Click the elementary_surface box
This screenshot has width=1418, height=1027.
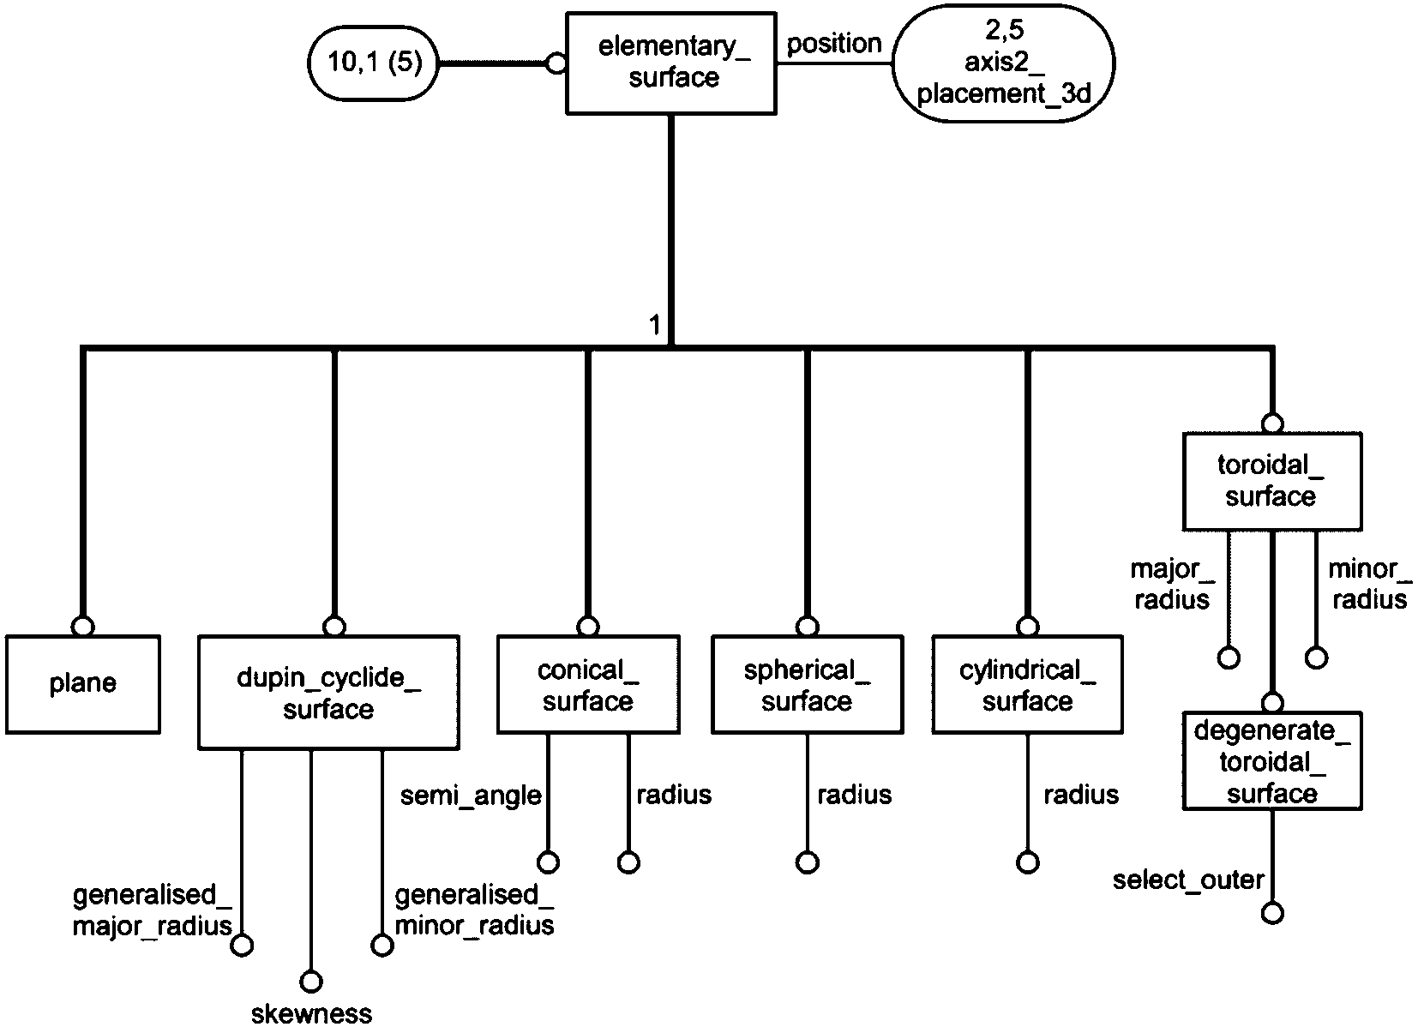(x=671, y=63)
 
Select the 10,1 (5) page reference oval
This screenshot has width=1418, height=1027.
(x=374, y=63)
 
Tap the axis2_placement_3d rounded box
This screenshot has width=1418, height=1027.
(x=1003, y=63)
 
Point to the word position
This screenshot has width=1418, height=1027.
(x=833, y=43)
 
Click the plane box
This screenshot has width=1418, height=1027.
(x=83, y=683)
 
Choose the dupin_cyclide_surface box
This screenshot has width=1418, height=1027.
(x=328, y=693)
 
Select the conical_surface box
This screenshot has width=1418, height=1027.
(x=588, y=685)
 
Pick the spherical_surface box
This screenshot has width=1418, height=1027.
(x=807, y=685)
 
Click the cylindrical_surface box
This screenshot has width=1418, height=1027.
(x=1027, y=685)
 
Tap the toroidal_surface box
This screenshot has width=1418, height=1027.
(x=1271, y=481)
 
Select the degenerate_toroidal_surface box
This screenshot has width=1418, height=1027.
(x=1271, y=761)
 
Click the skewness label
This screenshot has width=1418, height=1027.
(x=311, y=1013)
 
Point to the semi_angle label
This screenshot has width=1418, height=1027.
(x=471, y=796)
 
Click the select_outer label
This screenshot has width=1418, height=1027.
(x=1188, y=880)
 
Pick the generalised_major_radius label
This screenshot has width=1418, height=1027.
(x=153, y=910)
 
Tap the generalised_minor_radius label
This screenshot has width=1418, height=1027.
(x=474, y=910)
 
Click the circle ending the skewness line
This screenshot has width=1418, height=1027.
(x=311, y=981)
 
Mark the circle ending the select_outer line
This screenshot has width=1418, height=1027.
(x=1273, y=913)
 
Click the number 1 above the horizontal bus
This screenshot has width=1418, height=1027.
(x=655, y=326)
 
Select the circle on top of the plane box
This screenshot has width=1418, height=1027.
(x=83, y=626)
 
